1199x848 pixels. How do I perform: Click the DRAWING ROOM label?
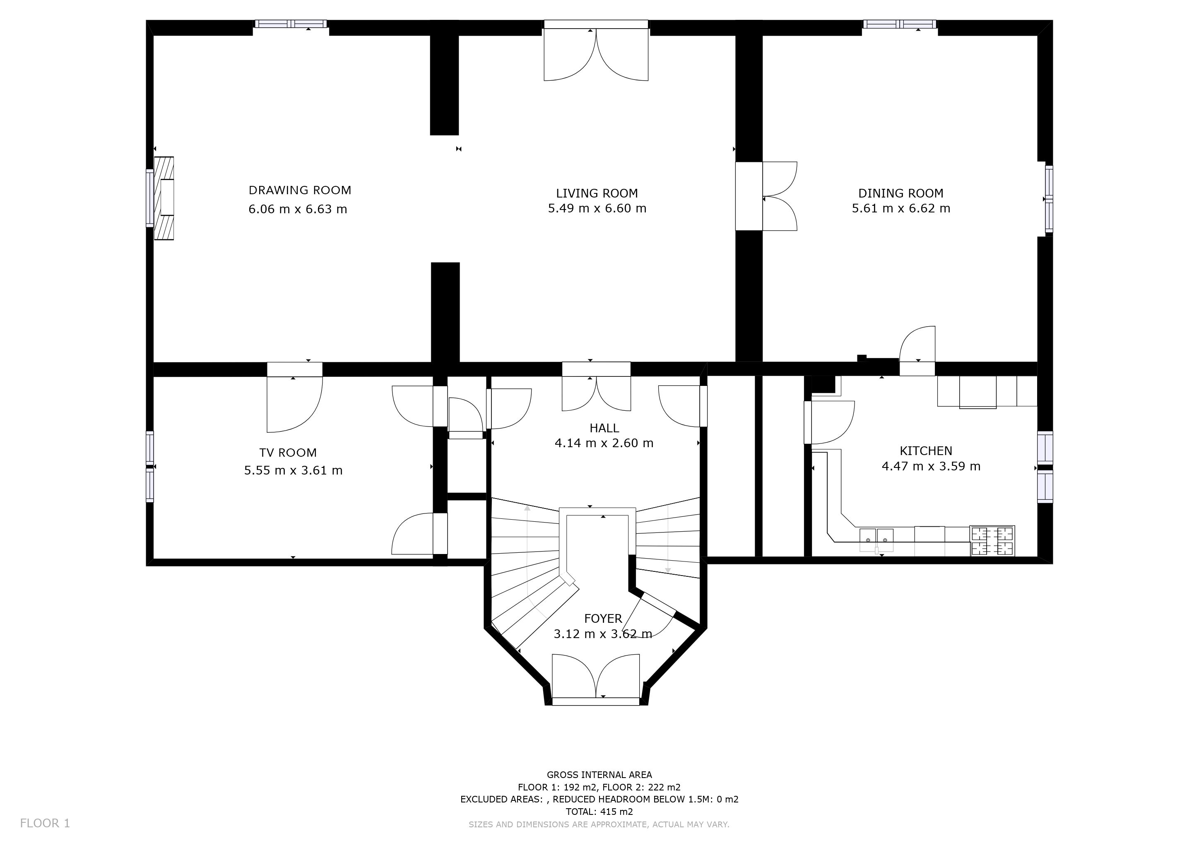click(300, 190)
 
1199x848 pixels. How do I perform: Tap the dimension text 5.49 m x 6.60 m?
click(597, 208)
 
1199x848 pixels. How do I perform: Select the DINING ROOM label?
click(901, 193)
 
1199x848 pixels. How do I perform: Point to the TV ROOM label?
click(288, 453)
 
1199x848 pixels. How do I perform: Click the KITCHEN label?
click(926, 450)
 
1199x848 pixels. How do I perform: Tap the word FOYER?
click(603, 619)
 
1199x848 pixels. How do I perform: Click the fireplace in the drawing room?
click(164, 198)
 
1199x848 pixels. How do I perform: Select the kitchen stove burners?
click(992, 541)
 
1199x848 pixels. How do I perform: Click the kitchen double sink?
click(876, 540)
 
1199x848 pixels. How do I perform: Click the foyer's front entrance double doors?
click(596, 679)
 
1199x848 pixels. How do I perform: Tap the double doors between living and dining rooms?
click(766, 196)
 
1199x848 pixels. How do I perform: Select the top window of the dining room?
click(900, 24)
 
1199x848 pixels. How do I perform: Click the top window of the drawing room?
click(291, 24)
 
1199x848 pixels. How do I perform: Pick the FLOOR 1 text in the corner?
click(45, 824)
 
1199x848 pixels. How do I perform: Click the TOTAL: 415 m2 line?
click(599, 812)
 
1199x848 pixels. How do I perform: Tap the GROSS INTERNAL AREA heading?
click(599, 775)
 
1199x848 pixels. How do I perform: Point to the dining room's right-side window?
click(1049, 199)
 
